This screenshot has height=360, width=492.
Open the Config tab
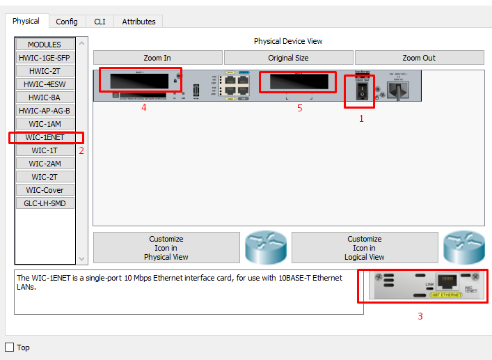(67, 22)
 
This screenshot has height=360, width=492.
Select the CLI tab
(100, 22)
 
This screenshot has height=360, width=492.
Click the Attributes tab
(138, 22)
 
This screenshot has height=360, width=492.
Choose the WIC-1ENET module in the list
(45, 137)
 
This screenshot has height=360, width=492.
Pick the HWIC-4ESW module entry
(45, 84)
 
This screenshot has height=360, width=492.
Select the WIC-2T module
(45, 177)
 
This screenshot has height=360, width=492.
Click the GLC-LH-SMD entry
(45, 203)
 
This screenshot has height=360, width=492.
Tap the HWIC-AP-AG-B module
(45, 111)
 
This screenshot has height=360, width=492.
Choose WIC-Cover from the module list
(45, 190)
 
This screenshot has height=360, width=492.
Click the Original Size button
(288, 58)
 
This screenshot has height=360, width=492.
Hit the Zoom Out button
(419, 58)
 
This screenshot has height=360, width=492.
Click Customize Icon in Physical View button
(166, 248)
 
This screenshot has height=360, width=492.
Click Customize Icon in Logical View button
(365, 248)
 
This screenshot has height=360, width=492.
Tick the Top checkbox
(10, 347)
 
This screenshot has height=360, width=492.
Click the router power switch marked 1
(359, 93)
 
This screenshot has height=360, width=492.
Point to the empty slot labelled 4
(139, 79)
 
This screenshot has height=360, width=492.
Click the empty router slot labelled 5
(298, 82)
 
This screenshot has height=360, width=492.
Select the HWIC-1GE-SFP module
(45, 58)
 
